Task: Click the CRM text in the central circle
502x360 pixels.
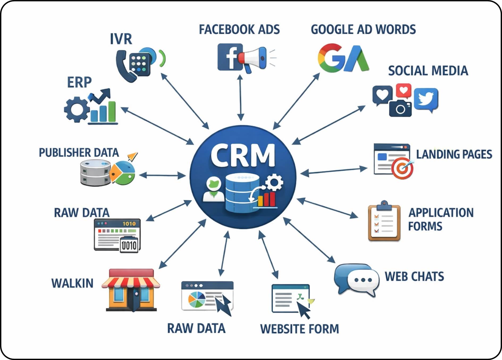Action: [243, 156]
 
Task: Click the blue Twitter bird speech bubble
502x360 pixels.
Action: [426, 99]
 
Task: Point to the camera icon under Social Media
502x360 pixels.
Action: [400, 108]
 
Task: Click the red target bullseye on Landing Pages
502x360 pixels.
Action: [402, 168]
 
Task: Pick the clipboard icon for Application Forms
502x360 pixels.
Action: [384, 222]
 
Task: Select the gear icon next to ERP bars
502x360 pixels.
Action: [77, 109]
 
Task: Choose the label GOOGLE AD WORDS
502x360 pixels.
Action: [363, 29]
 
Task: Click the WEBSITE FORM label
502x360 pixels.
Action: [299, 329]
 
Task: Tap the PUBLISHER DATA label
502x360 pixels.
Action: [79, 153]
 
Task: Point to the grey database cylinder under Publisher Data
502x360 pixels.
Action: [95, 173]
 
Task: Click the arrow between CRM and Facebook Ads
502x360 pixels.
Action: [241, 98]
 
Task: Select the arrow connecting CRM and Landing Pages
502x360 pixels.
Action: [334, 171]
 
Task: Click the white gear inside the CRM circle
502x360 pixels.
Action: [274, 182]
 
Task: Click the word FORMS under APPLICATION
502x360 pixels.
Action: [425, 226]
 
